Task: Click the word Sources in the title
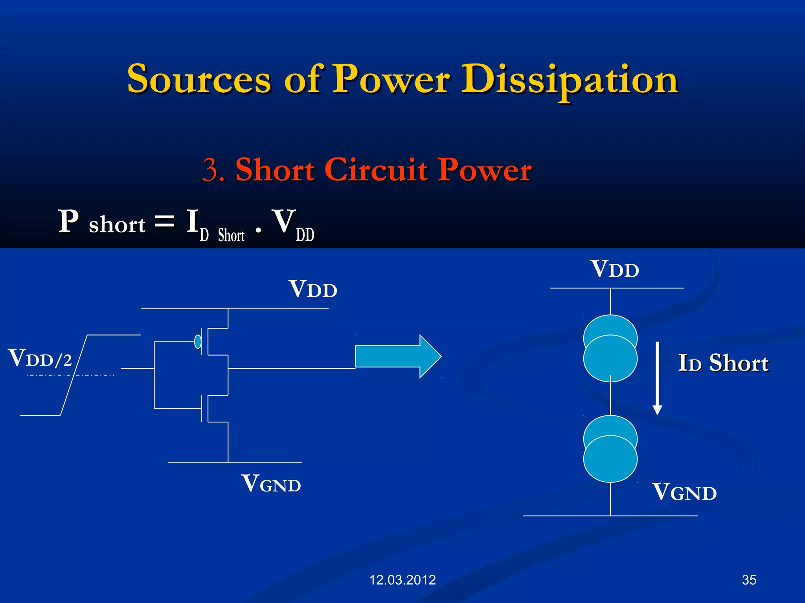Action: [x=199, y=79]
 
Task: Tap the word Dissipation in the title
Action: [x=570, y=80]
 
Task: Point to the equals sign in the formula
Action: [x=164, y=221]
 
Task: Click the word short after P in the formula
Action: [x=117, y=225]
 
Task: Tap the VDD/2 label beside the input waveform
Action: [x=40, y=358]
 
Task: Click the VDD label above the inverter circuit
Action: [x=313, y=289]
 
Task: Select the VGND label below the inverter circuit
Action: [x=271, y=484]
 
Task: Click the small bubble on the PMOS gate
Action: [x=198, y=342]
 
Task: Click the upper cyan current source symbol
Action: [x=610, y=348]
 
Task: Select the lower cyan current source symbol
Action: [x=610, y=449]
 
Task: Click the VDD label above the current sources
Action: [x=615, y=269]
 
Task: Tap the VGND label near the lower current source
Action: [x=684, y=492]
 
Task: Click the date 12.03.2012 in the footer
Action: [x=402, y=580]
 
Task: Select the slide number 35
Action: [x=749, y=580]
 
